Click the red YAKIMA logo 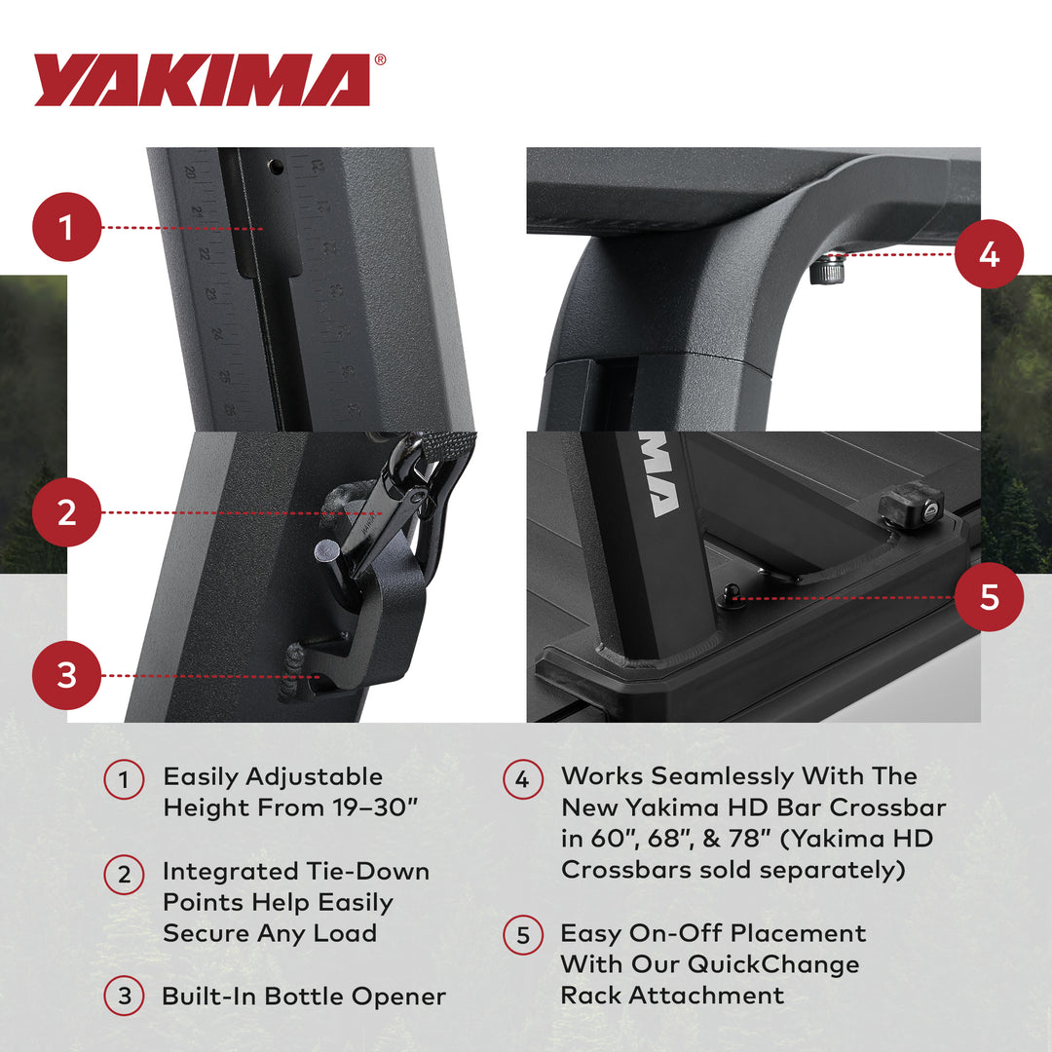pos(202,80)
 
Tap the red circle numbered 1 pos(66,227)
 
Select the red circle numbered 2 pos(66,512)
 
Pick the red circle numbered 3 pos(66,674)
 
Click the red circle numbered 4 pos(989,254)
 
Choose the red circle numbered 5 pos(989,597)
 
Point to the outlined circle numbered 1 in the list pos(124,779)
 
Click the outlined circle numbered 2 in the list pos(124,874)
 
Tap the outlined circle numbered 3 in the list pos(124,996)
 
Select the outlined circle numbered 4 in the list pos(522,778)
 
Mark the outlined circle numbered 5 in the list pos(522,935)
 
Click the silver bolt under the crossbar pos(826,270)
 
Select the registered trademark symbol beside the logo pos(380,60)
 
